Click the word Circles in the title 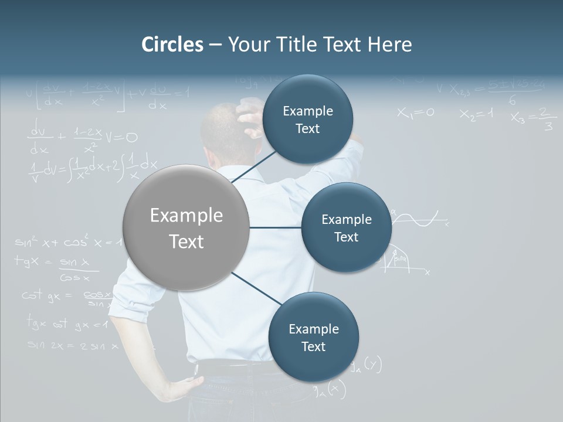[x=172, y=45]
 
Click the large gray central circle [x=186, y=227]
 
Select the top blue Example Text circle [x=307, y=120]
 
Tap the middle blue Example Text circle [x=346, y=227]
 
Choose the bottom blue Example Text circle [x=313, y=337]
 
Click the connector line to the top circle [x=255, y=165]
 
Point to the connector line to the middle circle [x=275, y=227]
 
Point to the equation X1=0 [x=415, y=113]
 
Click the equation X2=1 [x=476, y=114]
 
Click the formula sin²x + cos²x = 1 [x=67, y=241]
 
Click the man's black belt [x=235, y=368]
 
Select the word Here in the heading [x=389, y=45]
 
